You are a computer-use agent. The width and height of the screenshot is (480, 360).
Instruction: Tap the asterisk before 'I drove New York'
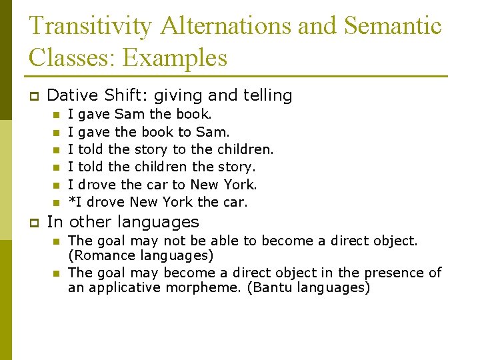coord(71,201)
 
